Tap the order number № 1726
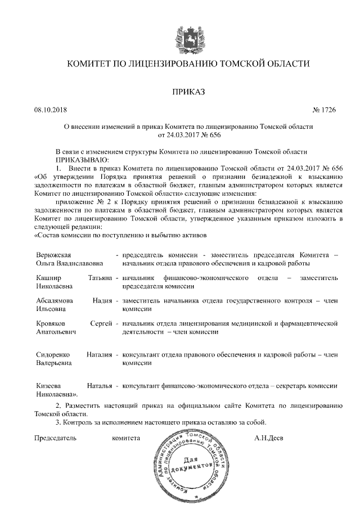point(323,110)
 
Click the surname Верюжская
point(53,255)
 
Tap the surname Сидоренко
point(53,355)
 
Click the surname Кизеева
point(48,386)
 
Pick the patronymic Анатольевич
point(56,332)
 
